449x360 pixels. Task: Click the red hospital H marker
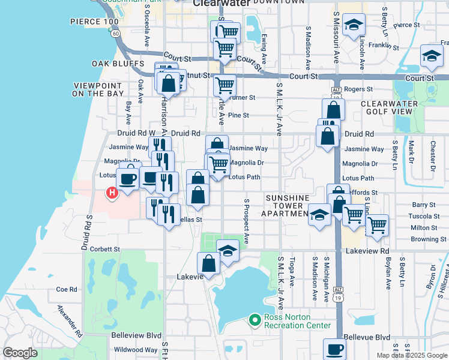point(111,193)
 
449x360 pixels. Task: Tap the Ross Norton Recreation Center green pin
point(255,320)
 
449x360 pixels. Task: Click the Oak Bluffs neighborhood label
point(118,64)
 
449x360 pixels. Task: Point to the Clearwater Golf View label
point(389,108)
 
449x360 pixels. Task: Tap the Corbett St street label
point(105,248)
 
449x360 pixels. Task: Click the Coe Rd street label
point(67,289)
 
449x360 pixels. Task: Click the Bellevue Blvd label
point(368,338)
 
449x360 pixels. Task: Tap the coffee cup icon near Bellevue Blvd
point(334,349)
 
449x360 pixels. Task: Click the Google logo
point(20,353)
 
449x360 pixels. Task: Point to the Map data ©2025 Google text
point(412,355)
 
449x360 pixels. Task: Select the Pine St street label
point(238,115)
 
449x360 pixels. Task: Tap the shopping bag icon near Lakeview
point(208,263)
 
